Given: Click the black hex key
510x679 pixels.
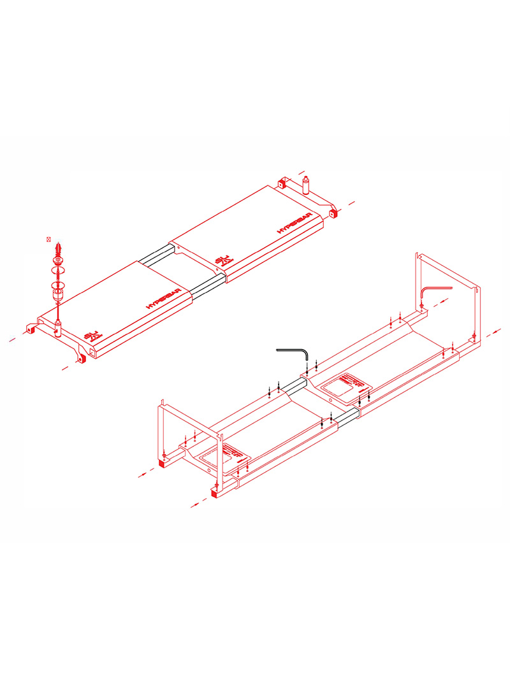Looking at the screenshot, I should [x=294, y=352].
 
